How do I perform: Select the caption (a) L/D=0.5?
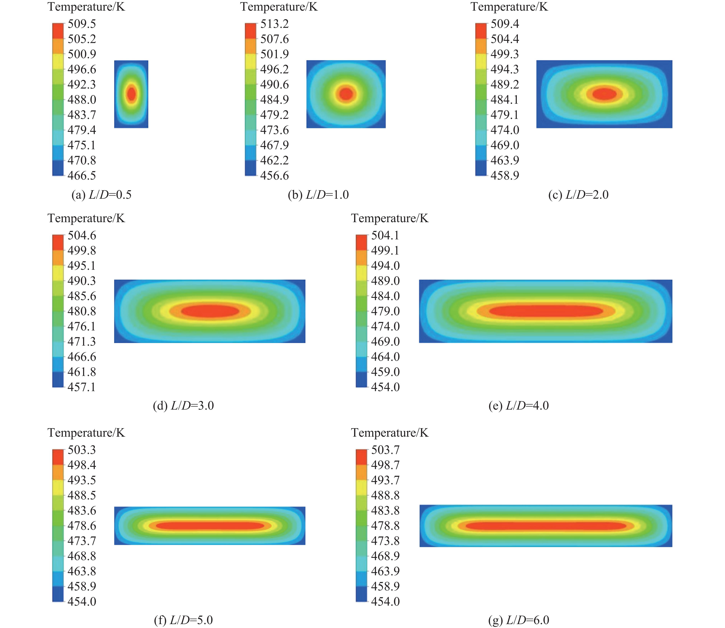[101, 195]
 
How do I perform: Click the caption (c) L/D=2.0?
[578, 195]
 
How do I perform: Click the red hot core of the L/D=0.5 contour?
[131, 94]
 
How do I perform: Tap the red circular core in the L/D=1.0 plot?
[346, 94]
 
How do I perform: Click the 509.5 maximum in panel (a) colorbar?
[82, 24]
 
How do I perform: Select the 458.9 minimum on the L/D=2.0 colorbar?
[505, 175]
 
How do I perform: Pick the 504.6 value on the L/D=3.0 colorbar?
[82, 235]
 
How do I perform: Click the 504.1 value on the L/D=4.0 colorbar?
[385, 235]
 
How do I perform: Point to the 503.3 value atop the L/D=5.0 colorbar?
[82, 450]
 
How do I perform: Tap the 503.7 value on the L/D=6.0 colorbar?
[385, 450]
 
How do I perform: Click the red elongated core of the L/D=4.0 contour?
[546, 311]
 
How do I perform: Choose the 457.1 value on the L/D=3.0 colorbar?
[82, 387]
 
